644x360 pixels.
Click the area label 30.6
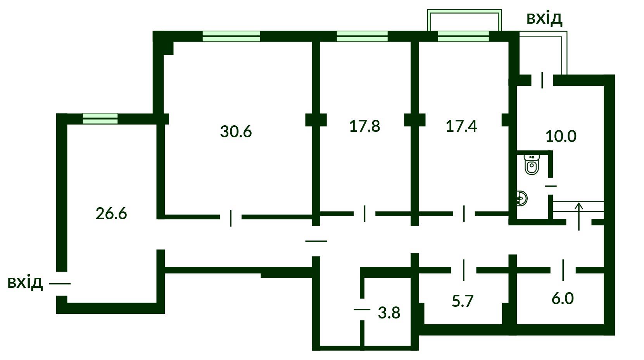pos(236,131)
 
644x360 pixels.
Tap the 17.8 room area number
pos(364,126)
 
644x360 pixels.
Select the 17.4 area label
pos(461,126)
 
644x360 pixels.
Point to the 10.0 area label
pos(561,136)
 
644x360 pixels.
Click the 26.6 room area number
pos(111,214)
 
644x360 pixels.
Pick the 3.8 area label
pos(389,313)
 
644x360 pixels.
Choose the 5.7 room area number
pos(463,301)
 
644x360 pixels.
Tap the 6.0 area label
pos(563,298)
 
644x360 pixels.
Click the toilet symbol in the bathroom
pos(532,164)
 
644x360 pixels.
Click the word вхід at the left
pos(25,282)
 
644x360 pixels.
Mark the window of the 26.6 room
pos(100,119)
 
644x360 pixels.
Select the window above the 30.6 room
pos(231,36)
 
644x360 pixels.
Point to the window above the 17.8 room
pos(362,36)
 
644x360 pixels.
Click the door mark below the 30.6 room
pos(231,218)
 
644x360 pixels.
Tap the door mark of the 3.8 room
pos(362,309)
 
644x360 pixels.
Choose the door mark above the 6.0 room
pos(563,270)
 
